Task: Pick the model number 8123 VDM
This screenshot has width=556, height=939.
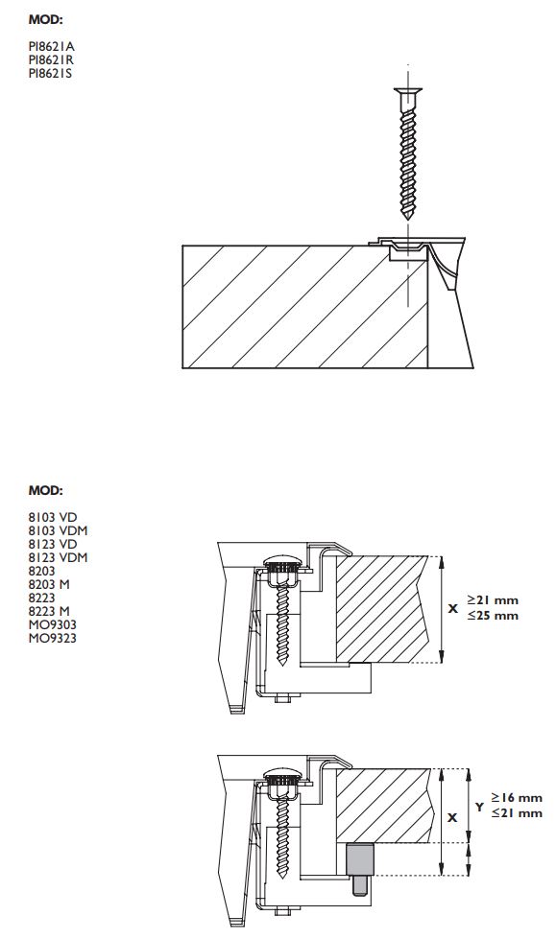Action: (x=58, y=557)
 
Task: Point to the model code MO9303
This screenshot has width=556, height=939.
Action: (x=52, y=624)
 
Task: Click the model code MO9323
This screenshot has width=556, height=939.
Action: (x=52, y=638)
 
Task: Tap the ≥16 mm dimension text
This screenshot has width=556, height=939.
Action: (x=517, y=798)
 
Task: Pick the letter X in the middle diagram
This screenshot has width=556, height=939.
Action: (x=453, y=608)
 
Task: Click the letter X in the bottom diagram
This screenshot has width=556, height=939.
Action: (x=453, y=817)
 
